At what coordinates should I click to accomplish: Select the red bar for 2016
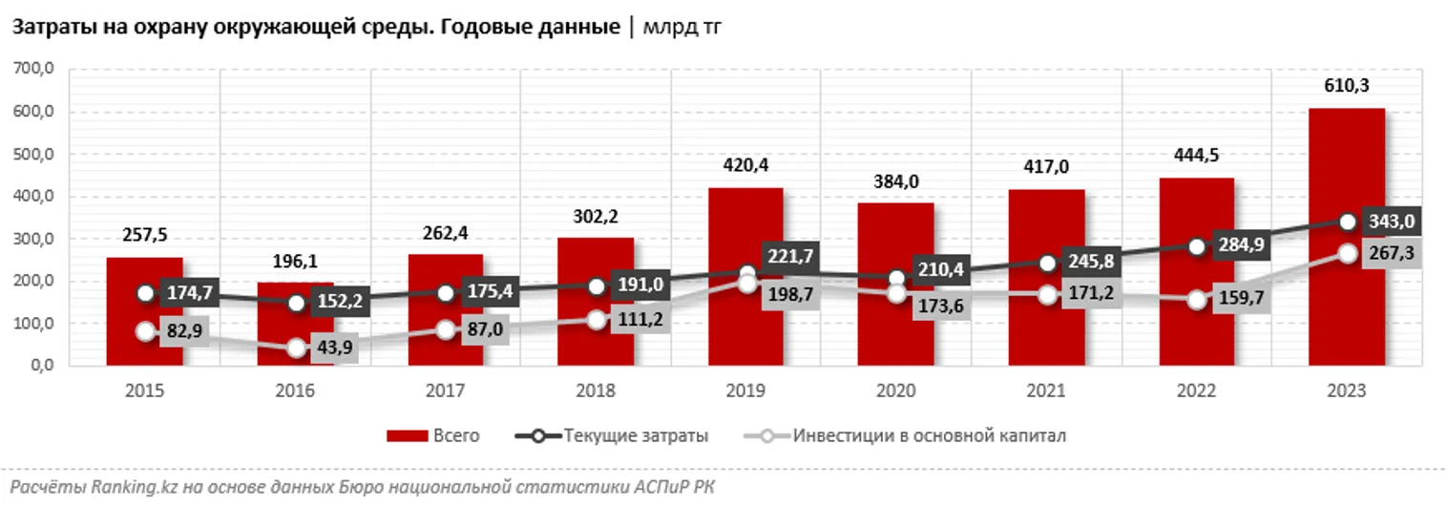295,324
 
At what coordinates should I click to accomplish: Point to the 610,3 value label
1347,87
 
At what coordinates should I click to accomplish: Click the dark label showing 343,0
1389,222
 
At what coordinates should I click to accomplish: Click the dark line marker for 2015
145,293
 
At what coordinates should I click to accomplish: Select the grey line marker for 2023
1347,254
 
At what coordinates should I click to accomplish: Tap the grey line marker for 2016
296,349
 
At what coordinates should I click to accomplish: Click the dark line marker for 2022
1197,246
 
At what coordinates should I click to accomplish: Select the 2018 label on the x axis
596,392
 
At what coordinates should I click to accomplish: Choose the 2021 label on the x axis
1046,392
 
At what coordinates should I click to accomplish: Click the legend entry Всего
432,436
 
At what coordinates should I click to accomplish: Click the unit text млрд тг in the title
681,28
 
